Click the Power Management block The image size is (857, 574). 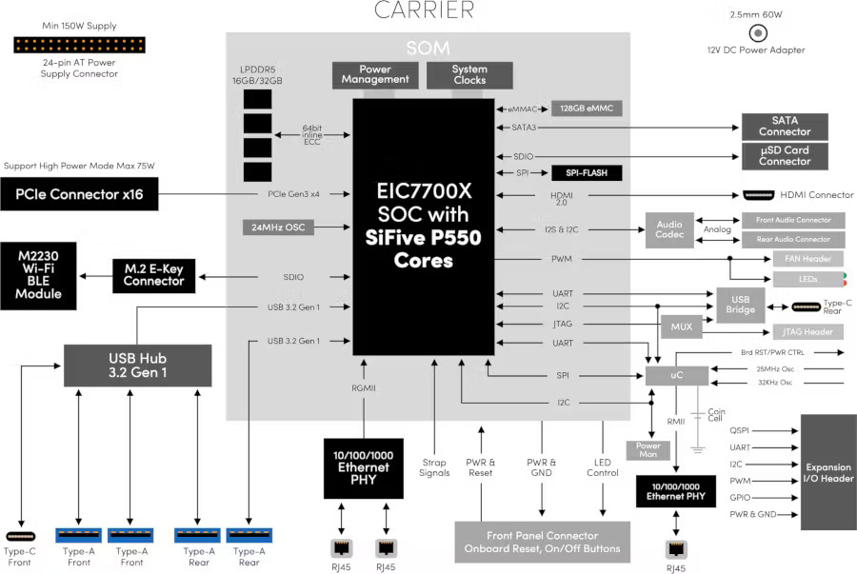click(x=375, y=75)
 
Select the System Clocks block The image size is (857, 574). click(x=469, y=75)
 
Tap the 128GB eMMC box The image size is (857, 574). click(x=587, y=109)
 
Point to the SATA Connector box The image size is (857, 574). click(x=785, y=127)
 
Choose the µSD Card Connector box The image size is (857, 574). click(x=785, y=156)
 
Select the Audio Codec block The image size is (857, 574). click(x=669, y=230)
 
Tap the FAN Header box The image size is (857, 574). click(x=807, y=259)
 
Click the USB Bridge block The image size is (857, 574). click(x=742, y=302)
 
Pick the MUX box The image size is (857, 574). click(x=681, y=326)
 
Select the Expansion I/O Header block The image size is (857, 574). click(x=827, y=473)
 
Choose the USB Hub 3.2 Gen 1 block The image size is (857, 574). click(x=137, y=366)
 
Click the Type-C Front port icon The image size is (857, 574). click(x=19, y=536)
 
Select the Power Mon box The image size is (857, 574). click(x=648, y=450)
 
